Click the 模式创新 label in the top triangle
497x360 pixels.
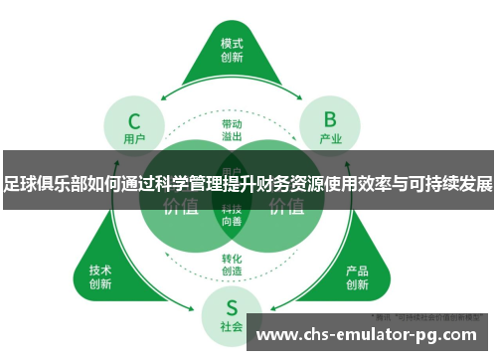click(x=232, y=51)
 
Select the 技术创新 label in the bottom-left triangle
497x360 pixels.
click(x=100, y=276)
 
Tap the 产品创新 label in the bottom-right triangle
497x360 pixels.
click(x=358, y=276)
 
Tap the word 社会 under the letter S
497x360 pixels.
click(x=232, y=327)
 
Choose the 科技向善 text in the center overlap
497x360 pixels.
click(x=232, y=217)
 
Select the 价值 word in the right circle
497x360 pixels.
click(x=286, y=207)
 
